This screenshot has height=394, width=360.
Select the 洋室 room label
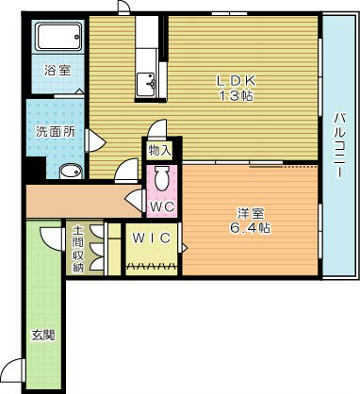(x=249, y=212)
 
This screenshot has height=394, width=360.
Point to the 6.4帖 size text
(x=249, y=227)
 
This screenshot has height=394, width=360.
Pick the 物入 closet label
(x=159, y=149)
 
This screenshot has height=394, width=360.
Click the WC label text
(x=159, y=205)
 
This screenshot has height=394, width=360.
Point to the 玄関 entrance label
(x=42, y=335)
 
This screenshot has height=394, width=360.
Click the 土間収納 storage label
(x=77, y=249)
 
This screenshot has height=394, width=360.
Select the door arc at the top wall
(x=123, y=9)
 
